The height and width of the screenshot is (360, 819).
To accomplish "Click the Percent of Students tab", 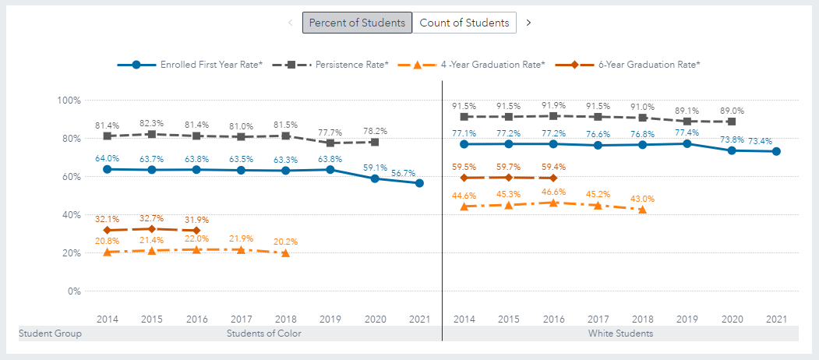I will (x=357, y=23).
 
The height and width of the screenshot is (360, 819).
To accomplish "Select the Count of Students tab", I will (x=464, y=23).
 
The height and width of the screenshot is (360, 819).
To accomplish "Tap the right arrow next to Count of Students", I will (x=528, y=23).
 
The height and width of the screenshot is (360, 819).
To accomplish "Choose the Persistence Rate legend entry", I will (x=351, y=65).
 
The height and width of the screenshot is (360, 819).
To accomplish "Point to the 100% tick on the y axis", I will (x=69, y=101).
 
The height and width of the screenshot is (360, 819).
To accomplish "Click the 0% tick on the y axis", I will (x=73, y=291).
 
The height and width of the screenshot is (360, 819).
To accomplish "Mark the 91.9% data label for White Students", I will (x=552, y=106).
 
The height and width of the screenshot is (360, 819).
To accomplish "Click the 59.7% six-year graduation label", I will (x=508, y=166).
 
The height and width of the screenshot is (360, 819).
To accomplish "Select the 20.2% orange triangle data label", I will (x=285, y=242).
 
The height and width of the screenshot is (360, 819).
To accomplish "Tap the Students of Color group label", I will (x=263, y=334).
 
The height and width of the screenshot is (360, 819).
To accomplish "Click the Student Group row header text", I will (x=50, y=334).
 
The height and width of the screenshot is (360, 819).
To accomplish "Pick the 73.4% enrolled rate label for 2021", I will (x=774, y=141).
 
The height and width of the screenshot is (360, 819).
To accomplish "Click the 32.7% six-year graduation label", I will (x=152, y=219).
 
